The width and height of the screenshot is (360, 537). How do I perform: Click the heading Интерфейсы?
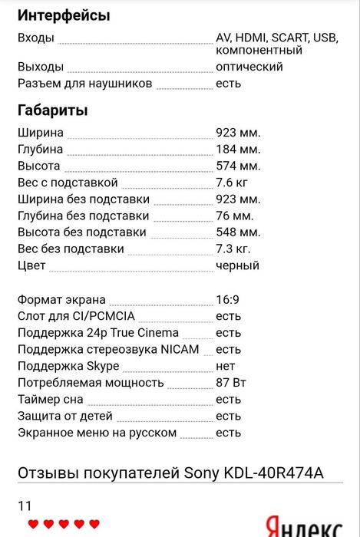(x=63, y=15)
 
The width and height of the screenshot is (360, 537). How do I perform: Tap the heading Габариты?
(x=52, y=110)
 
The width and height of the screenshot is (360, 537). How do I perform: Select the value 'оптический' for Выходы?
(x=249, y=67)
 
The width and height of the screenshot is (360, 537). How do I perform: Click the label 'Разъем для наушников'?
(x=84, y=83)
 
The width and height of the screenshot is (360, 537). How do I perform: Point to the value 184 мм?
(x=238, y=149)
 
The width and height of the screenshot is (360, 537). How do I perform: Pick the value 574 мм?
(x=238, y=166)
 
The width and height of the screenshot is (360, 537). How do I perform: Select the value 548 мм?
(x=238, y=232)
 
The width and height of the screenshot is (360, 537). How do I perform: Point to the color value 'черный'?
(x=237, y=265)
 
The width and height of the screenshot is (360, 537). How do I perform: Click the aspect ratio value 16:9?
(x=228, y=299)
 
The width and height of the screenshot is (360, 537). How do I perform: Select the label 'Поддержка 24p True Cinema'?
(x=97, y=333)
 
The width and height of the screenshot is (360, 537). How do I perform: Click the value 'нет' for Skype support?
(x=226, y=366)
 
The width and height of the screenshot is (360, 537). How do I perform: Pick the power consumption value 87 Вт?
(x=233, y=383)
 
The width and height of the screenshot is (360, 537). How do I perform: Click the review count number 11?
(x=25, y=506)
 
